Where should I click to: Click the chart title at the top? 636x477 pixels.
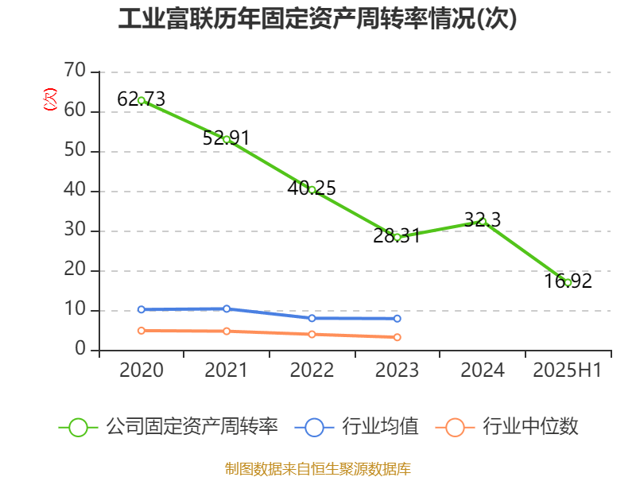point(317,19)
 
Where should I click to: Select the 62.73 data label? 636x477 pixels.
point(141,99)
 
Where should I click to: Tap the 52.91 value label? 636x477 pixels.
point(226,138)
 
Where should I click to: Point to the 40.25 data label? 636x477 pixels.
point(312,188)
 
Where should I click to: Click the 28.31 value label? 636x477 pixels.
point(397,235)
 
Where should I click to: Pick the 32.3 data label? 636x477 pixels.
point(483,220)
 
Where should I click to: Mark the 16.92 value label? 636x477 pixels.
point(568,281)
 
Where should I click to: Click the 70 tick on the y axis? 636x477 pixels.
point(75,72)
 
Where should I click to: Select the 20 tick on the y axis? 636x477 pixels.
point(75,270)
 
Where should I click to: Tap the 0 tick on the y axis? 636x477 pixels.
point(80,350)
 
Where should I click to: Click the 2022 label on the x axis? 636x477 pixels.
point(312,370)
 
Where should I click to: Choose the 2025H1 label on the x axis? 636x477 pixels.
point(567,370)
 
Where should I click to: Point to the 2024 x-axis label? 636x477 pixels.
point(483,370)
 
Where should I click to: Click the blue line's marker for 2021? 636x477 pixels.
point(227,308)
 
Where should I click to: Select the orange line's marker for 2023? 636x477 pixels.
point(397,337)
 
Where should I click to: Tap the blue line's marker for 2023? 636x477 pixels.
point(397,318)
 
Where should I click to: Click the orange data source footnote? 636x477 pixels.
point(317,468)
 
